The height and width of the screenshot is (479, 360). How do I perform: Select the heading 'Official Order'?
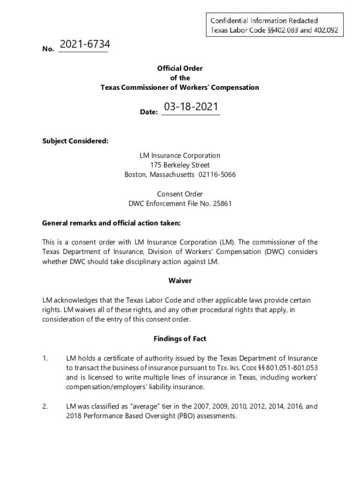pyautogui.click(x=180, y=68)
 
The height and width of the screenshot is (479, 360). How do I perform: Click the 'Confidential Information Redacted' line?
pyautogui.click(x=264, y=21)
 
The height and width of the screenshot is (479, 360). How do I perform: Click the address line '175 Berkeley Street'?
pyautogui.click(x=180, y=165)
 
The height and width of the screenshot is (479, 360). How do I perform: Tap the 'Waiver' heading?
pyautogui.click(x=180, y=281)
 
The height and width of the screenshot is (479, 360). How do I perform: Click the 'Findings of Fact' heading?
pyautogui.click(x=180, y=339)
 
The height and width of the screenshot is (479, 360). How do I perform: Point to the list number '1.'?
pyautogui.click(x=45, y=359)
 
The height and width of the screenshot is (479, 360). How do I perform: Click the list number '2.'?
pyautogui.click(x=45, y=407)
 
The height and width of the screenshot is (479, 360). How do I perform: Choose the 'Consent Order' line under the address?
pyautogui.click(x=180, y=194)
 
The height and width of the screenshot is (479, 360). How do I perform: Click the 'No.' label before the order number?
pyautogui.click(x=48, y=49)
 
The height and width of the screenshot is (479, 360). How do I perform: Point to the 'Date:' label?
pyautogui.click(x=149, y=112)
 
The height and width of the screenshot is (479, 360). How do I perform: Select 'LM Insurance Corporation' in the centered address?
pyautogui.click(x=180, y=155)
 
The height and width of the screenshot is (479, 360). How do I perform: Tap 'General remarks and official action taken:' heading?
pyautogui.click(x=111, y=223)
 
